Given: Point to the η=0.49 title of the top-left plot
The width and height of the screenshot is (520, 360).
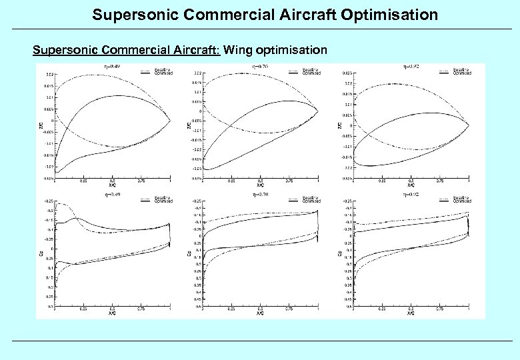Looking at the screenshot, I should coord(111,67).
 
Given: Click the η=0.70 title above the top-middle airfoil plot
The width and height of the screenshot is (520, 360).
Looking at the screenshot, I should coord(261,67).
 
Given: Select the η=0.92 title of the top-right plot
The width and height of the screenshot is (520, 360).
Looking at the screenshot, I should coord(411,66).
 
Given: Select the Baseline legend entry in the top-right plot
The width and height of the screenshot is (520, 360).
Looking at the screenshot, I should coord(461,69).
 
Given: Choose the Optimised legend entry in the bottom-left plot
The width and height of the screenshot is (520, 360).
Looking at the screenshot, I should coord(163,201).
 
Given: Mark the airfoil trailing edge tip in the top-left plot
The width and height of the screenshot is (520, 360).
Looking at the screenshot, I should coord(170,121).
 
